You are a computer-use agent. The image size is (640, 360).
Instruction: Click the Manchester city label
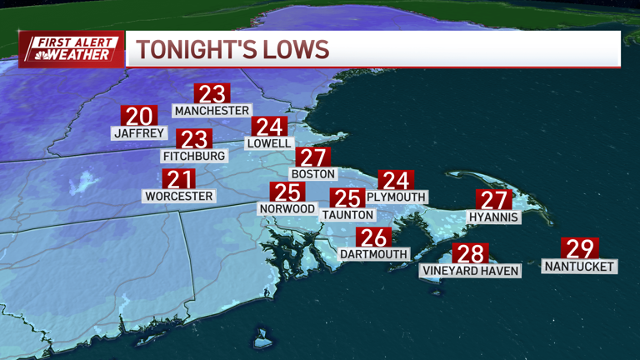click(212, 111)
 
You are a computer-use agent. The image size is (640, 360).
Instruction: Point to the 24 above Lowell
click(269, 127)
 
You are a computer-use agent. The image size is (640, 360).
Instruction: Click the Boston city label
click(313, 174)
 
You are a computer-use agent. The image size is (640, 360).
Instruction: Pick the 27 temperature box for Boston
click(312, 157)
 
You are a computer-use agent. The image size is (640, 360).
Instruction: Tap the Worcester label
click(179, 197)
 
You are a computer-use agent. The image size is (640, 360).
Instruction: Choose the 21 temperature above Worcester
click(179, 179)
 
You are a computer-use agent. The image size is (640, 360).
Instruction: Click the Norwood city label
click(287, 208)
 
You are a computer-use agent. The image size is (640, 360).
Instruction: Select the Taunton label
click(346, 214)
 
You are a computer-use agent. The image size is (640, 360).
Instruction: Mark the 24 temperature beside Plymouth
click(396, 180)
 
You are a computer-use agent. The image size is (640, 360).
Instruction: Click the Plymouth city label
click(397, 197)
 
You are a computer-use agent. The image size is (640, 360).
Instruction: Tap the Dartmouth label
click(374, 253)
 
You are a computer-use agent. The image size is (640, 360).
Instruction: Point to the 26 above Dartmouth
click(372, 237)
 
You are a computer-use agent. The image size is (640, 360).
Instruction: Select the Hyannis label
click(493, 217)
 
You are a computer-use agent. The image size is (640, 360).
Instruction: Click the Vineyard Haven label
click(471, 271)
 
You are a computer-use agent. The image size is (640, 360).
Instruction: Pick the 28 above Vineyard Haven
click(470, 253)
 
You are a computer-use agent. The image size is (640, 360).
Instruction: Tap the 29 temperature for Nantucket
click(580, 249)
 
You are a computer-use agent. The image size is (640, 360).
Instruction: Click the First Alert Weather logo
click(72, 49)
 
